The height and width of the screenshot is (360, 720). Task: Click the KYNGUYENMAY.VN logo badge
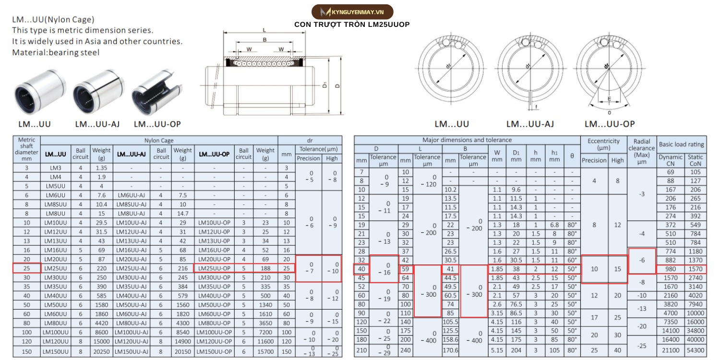coord(352,12)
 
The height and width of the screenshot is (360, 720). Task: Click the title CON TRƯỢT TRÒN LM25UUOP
coord(352,24)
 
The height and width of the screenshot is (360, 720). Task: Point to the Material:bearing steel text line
coord(56,52)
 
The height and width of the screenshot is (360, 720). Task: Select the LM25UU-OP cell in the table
coord(214,268)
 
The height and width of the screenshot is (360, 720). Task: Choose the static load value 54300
coord(695,350)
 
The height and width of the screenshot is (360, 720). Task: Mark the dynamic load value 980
coord(670,269)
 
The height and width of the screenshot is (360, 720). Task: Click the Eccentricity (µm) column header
coord(604,144)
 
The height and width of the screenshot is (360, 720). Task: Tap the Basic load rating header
coord(682,144)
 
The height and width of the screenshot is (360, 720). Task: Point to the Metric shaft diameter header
coord(27,149)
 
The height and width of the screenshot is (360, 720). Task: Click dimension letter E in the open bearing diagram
coord(609,99)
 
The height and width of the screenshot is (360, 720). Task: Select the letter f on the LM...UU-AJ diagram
coord(536,107)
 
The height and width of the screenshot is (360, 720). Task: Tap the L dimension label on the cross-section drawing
coord(264,30)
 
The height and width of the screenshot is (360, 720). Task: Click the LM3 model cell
coord(56,168)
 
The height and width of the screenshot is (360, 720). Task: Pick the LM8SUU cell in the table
coord(56,204)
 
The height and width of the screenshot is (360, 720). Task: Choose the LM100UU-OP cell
coord(214,332)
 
